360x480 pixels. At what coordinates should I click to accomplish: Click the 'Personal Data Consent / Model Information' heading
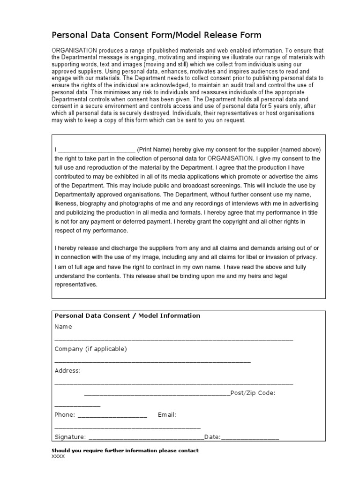[127, 315]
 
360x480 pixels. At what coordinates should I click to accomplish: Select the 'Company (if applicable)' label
[90, 349]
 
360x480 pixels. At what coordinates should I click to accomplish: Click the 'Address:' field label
[67, 371]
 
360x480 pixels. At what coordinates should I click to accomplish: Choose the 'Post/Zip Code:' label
[253, 393]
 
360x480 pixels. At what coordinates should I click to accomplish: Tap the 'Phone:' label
[65, 415]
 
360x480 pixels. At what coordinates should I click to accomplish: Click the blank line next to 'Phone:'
[112, 416]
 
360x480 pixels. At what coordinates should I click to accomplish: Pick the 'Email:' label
[167, 415]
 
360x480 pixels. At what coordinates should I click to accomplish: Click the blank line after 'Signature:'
[146, 438]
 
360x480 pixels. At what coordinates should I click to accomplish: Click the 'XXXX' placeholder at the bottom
[58, 456]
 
